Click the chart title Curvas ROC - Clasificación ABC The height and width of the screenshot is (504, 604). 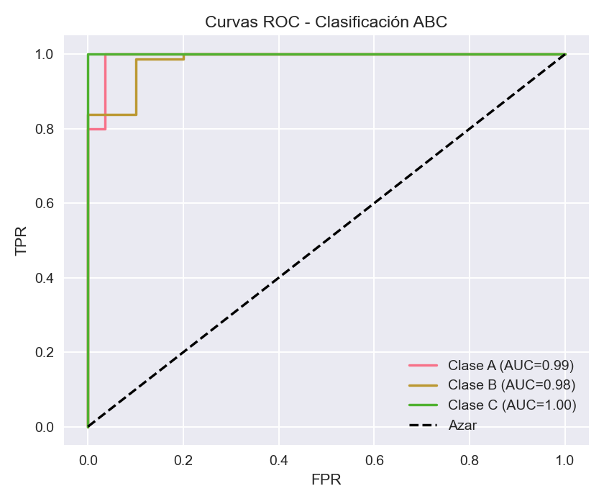click(x=326, y=22)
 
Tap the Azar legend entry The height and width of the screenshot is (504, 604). click(x=462, y=426)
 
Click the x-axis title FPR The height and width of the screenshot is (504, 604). click(x=326, y=480)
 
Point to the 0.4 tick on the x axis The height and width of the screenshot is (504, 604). click(x=278, y=459)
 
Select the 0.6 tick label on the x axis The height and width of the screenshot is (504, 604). click(x=374, y=459)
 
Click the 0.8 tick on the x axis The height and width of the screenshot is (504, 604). click(x=470, y=459)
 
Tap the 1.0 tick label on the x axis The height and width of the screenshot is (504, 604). click(x=565, y=459)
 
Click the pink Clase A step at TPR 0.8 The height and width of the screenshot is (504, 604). click(x=97, y=129)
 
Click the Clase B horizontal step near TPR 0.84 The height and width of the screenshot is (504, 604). click(x=112, y=114)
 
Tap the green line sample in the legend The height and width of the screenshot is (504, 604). click(x=423, y=405)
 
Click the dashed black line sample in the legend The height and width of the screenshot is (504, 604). click(x=423, y=426)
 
